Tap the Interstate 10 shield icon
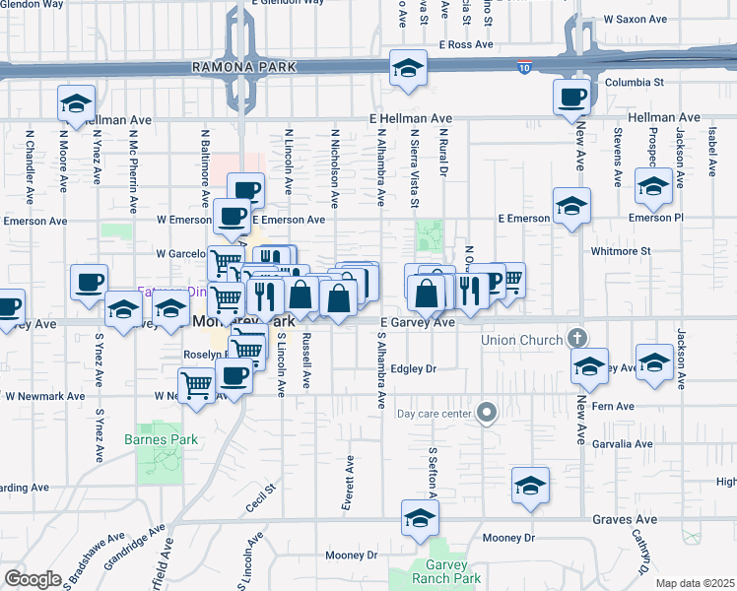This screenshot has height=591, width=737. pos(523,67)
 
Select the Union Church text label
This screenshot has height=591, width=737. pos(521,341)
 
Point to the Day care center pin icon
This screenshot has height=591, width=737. pos(486,413)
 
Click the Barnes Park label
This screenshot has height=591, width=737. pos(162,439)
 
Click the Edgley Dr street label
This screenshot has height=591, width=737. pos(413,369)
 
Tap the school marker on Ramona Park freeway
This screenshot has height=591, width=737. pos(405,69)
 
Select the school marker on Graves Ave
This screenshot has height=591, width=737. pos(420,517)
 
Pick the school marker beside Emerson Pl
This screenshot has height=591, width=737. pos(653,184)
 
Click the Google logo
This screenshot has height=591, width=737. pos(33,579)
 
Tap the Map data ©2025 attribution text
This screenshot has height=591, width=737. pos(696,583)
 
